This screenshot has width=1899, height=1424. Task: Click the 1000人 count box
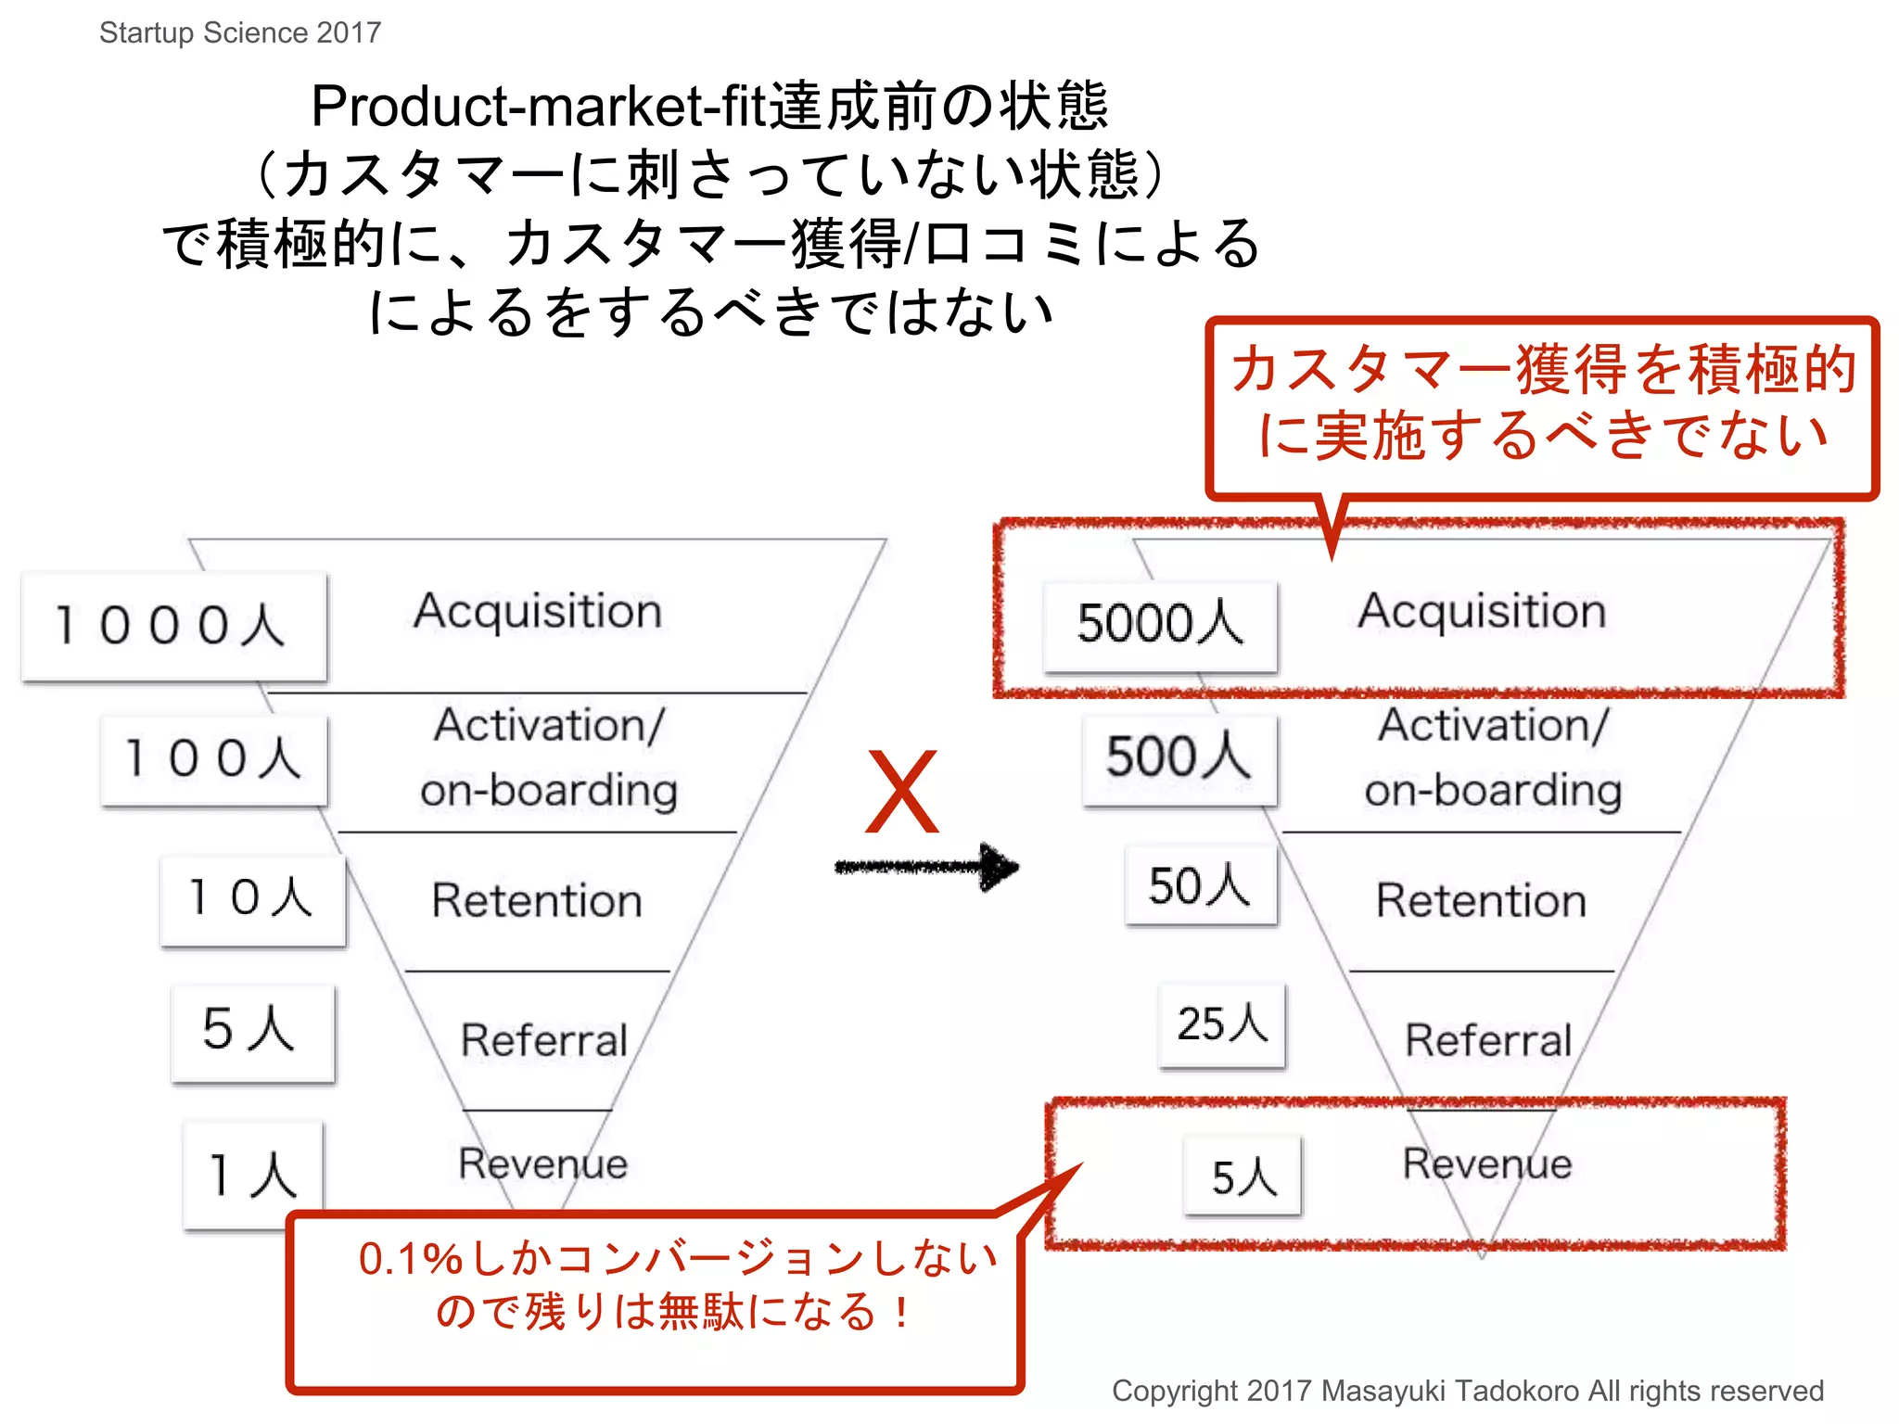174,626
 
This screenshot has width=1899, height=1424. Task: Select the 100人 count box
213,759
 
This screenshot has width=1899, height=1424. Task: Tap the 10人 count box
252,898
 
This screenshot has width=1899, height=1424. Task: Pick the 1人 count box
253,1175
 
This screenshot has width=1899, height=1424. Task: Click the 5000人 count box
1160,624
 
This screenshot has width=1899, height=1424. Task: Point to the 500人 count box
1179,757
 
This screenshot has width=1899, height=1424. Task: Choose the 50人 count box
1201,885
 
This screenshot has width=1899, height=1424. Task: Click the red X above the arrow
901,793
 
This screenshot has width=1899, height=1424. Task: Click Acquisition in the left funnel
538,612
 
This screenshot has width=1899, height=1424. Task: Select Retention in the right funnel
1481,900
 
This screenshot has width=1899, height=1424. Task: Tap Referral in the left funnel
544,1040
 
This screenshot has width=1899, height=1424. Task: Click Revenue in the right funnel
1487,1163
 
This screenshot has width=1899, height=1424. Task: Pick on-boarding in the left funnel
549,791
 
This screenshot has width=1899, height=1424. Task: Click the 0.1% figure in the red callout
410,1259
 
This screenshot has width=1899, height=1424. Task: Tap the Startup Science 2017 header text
240,32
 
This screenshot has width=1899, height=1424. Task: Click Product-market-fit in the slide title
538,106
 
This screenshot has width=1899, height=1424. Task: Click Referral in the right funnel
1488,1040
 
